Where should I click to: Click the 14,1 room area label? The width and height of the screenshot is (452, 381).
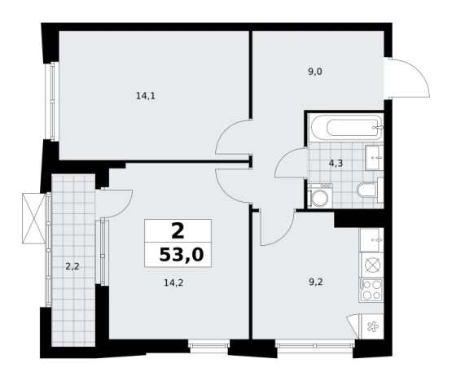pyautogui.click(x=146, y=96)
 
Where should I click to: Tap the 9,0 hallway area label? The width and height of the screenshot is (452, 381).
pyautogui.click(x=315, y=72)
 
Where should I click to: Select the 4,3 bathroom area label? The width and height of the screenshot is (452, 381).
pyautogui.click(x=336, y=164)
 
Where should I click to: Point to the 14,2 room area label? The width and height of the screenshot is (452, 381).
pyautogui.click(x=173, y=283)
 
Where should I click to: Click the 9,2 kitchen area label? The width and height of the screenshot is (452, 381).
pyautogui.click(x=316, y=282)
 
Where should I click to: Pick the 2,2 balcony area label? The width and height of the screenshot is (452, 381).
pyautogui.click(x=72, y=266)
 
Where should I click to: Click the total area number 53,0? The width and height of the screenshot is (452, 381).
pyautogui.click(x=182, y=255)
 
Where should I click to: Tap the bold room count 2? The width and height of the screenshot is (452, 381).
pyautogui.click(x=178, y=231)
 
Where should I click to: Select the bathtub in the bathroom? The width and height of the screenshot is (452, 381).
pyautogui.click(x=346, y=128)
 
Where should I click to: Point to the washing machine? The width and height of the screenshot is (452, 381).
pyautogui.click(x=320, y=196)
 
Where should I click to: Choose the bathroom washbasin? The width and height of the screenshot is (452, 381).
pyautogui.click(x=375, y=158)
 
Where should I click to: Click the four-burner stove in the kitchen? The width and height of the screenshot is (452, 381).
pyautogui.click(x=371, y=291)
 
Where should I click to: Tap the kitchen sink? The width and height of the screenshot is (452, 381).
pyautogui.click(x=372, y=239)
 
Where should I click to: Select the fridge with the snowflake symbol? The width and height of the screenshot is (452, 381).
pyautogui.click(x=372, y=326)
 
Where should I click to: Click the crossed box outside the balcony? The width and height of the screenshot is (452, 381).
pyautogui.click(x=34, y=218)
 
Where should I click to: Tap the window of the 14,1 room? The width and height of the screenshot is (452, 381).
pyautogui.click(x=52, y=101)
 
